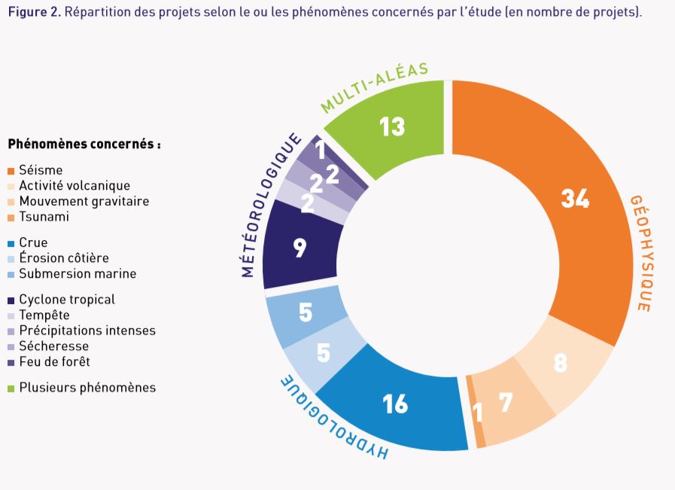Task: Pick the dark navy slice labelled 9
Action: [x=300, y=248]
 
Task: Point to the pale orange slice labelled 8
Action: [x=560, y=364]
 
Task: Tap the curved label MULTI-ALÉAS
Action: [x=374, y=87]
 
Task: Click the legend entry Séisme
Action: [x=41, y=170]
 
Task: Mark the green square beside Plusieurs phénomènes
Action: [x=11, y=388]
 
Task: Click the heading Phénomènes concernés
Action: [x=84, y=143]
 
